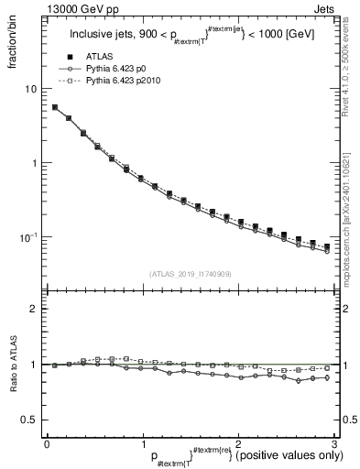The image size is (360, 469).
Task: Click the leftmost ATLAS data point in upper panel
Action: [55, 107]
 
